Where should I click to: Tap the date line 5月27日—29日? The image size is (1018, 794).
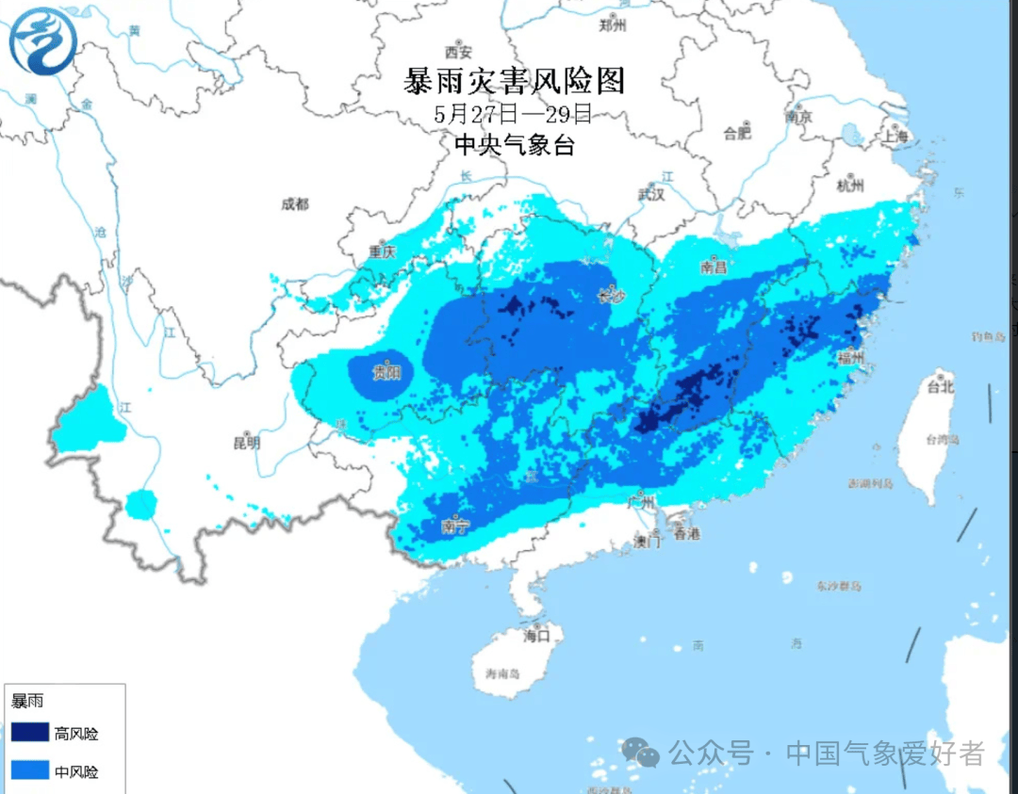pos(514,116)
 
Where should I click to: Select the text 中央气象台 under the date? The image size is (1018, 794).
pos(514,145)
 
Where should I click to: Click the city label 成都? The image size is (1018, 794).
pos(295,204)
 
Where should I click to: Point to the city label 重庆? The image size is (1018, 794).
pos(382,252)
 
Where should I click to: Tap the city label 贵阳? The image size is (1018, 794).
pos(386,373)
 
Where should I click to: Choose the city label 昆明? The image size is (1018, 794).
pos(246,442)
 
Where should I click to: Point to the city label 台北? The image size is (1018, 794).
pos(940,386)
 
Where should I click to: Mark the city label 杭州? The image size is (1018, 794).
pos(850,186)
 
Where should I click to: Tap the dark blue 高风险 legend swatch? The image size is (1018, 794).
pos(29,734)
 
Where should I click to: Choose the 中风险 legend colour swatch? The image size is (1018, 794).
pos(29,772)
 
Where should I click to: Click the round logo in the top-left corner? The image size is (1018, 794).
pos(43,41)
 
